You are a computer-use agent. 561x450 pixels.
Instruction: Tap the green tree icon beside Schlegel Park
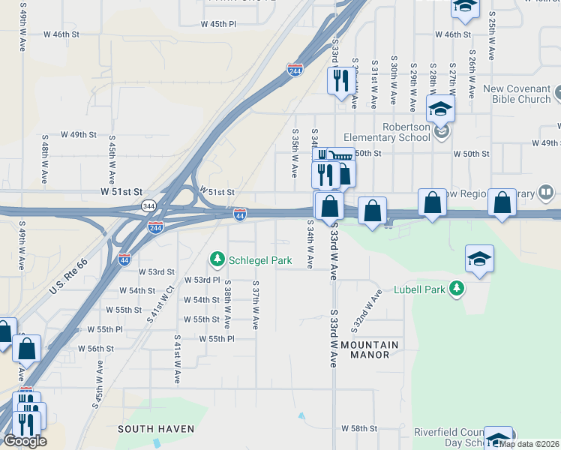(217, 259)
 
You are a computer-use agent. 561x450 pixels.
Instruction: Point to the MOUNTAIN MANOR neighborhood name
(370, 349)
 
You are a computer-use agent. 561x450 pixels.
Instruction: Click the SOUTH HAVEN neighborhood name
(156, 429)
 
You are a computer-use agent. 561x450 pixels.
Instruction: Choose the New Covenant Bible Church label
(517, 94)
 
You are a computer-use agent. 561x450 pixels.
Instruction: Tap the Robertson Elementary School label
(387, 132)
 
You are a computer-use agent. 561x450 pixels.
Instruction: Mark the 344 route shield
(148, 205)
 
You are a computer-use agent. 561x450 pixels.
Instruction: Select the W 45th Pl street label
(218, 24)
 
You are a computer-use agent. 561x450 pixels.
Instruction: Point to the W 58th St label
(358, 428)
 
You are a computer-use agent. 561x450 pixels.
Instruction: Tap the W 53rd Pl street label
(202, 280)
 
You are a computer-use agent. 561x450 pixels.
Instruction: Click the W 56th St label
(100, 349)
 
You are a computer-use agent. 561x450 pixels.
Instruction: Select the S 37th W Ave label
(256, 306)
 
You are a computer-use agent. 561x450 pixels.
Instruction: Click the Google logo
(25, 441)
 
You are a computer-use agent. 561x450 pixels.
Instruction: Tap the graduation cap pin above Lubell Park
(479, 259)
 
